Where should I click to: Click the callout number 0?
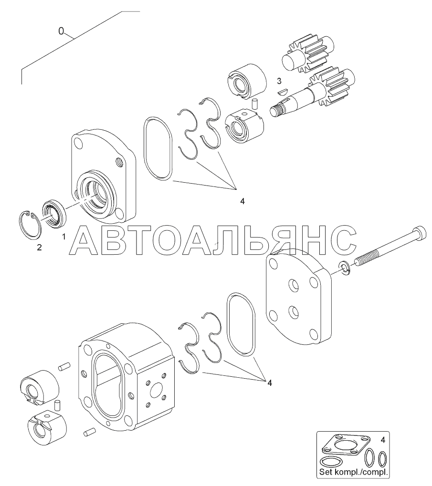(x=61, y=31)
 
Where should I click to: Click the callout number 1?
(x=63, y=237)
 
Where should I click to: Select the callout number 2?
(x=39, y=248)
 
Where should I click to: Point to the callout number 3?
(x=279, y=81)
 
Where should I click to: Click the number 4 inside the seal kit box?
(x=383, y=438)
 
